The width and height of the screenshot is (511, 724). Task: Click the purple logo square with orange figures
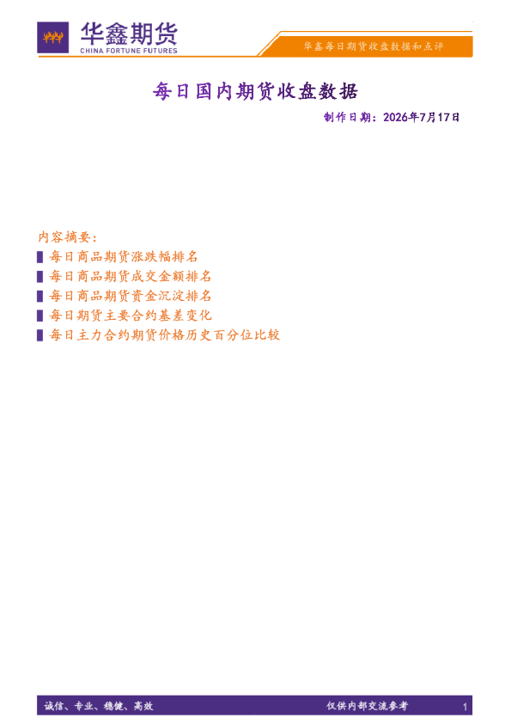click(53, 37)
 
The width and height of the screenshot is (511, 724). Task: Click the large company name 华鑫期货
click(129, 34)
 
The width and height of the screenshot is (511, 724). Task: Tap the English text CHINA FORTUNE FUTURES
click(129, 51)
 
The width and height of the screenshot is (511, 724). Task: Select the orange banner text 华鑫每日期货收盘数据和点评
click(373, 46)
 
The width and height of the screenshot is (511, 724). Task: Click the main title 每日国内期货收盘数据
click(255, 91)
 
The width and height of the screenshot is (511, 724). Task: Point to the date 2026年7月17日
click(421, 117)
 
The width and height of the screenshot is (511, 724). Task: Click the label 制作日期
click(347, 117)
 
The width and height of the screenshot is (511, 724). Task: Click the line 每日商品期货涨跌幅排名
click(124, 257)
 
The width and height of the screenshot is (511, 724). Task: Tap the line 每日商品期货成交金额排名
click(131, 276)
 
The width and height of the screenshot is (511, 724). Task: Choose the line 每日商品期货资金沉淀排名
click(131, 296)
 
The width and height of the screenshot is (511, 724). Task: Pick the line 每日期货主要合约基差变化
click(131, 316)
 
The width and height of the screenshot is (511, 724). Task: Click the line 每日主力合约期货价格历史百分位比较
click(165, 334)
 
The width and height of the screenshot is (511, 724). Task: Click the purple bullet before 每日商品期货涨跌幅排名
click(40, 257)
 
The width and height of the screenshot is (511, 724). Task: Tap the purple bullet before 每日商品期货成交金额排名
click(40, 277)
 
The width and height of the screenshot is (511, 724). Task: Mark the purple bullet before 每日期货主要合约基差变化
click(40, 316)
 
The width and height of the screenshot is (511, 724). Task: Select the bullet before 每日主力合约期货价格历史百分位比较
click(40, 335)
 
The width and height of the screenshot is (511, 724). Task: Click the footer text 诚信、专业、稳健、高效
click(99, 706)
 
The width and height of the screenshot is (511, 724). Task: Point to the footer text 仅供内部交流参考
click(368, 706)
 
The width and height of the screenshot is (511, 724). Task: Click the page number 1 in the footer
click(465, 707)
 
